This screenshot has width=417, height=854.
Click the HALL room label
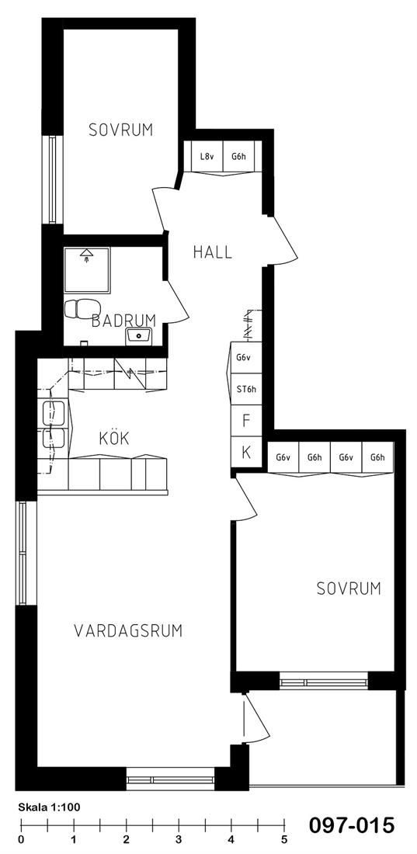(213, 252)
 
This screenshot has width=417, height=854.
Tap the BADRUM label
(123, 320)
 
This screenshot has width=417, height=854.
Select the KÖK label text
(114, 438)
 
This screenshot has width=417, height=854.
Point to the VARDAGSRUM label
(128, 630)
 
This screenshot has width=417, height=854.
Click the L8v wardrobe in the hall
(206, 156)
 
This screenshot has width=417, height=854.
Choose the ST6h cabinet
(246, 389)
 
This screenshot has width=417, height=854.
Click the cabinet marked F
(246, 421)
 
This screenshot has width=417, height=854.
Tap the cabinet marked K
(246, 452)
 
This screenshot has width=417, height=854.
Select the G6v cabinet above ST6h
(246, 358)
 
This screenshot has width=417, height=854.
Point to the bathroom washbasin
(139, 335)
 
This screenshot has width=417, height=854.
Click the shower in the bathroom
(87, 270)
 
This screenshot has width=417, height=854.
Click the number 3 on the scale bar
(179, 838)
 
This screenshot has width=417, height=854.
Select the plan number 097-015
(352, 825)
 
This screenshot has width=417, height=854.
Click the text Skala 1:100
(49, 807)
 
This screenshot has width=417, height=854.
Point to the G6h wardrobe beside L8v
(238, 156)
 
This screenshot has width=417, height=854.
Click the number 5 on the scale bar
(284, 838)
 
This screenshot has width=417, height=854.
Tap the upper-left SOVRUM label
(121, 130)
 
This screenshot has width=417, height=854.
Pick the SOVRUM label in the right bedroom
(349, 588)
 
